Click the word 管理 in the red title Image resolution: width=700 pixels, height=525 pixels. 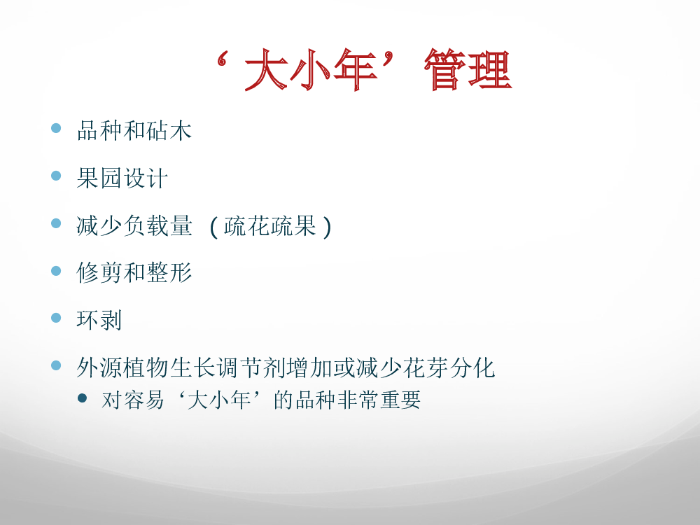point(468,69)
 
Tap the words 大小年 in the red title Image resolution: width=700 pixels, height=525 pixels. point(311,69)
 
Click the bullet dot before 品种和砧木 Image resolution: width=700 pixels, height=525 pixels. point(56,128)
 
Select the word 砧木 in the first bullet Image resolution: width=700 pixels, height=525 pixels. point(169,131)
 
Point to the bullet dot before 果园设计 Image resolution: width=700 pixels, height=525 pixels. point(56,176)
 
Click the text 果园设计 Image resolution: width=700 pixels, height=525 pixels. point(122,178)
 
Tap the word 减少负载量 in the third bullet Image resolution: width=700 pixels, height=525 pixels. point(134,225)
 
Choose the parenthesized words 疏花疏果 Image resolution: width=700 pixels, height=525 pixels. point(270,225)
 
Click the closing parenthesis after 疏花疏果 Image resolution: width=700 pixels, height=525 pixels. point(327,227)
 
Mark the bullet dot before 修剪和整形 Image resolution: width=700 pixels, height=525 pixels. point(56,270)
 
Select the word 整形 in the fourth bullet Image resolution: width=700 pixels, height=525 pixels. point(169,273)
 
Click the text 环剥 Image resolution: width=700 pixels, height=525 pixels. point(99,320)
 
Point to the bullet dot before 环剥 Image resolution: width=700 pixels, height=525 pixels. point(56,317)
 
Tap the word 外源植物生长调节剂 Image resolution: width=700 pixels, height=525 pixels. point(181,368)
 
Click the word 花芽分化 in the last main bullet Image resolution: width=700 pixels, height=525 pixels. point(448,368)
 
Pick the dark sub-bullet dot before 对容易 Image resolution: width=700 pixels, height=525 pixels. point(82,398)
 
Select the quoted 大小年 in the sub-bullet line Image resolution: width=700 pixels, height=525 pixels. point(219,400)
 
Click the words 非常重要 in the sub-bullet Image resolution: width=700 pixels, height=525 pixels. point(379,400)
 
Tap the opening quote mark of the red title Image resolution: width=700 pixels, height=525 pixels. point(222,59)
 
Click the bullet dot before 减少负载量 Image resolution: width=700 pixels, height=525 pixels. point(56,223)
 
